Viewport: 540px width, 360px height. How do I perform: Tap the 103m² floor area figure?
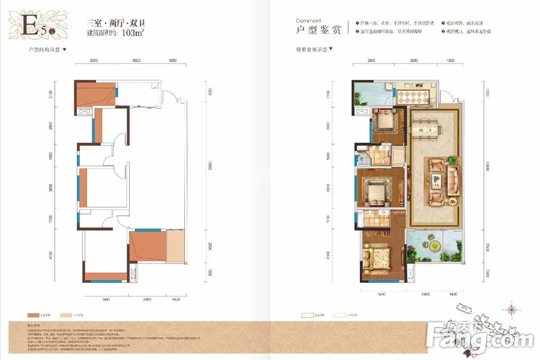(134, 33)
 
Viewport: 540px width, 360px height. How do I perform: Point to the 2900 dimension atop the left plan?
(94, 61)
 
